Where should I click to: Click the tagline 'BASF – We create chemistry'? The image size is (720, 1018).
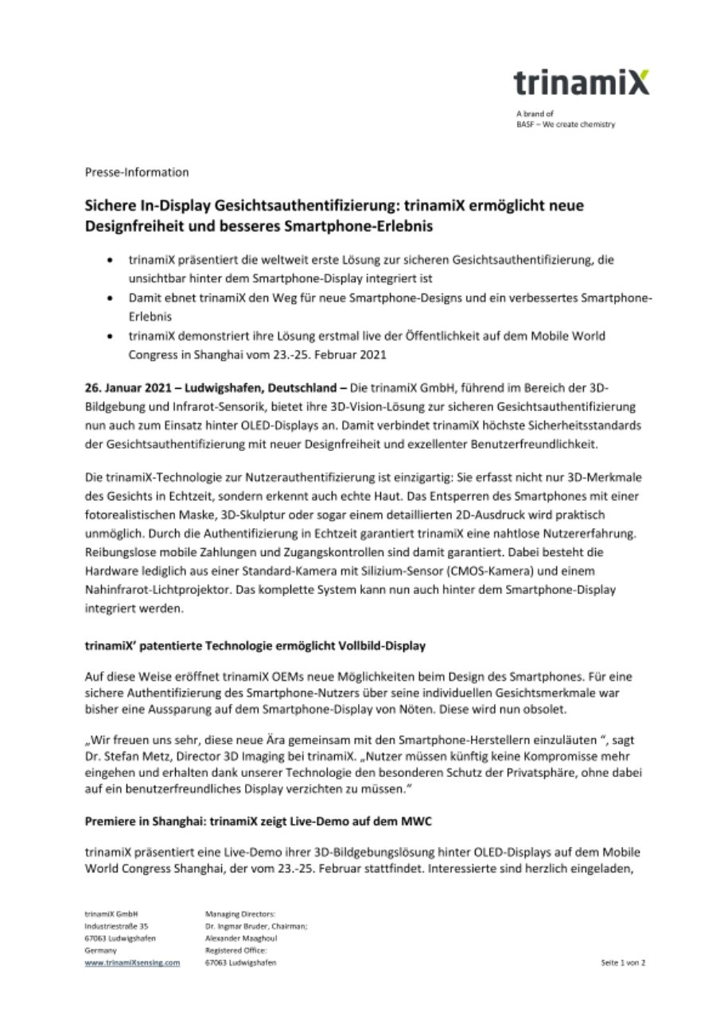pos(565,124)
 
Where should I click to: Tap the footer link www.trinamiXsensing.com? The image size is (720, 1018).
pos(132,962)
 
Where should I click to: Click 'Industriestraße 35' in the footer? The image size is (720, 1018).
pos(115,927)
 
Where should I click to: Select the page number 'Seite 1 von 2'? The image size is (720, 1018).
pos(623,962)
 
